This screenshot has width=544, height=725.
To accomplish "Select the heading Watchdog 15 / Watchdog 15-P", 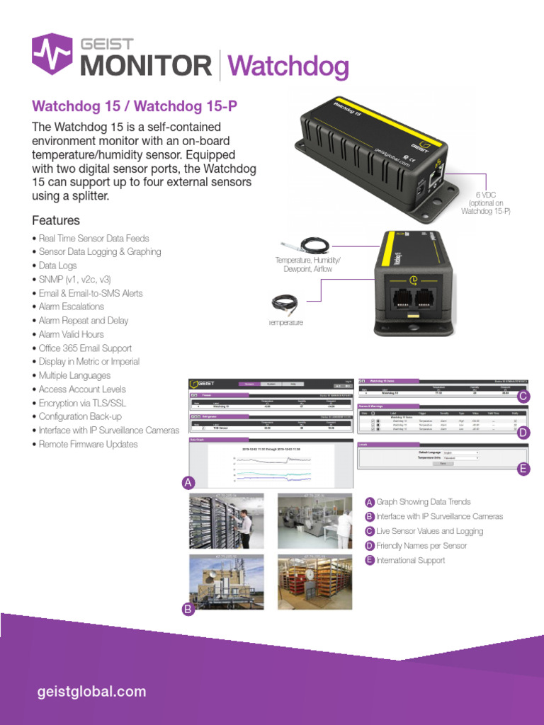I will tap(135, 106).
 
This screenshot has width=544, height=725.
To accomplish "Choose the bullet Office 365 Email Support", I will tap(85, 348).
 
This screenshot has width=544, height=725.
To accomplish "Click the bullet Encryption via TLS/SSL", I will tap(82, 403).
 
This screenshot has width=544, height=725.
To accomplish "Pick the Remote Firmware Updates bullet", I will tap(88, 444).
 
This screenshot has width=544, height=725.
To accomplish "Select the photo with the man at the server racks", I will tap(226, 521).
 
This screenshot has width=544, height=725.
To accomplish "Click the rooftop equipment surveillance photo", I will tap(226, 581).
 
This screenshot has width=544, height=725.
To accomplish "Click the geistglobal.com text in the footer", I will tap(91, 692).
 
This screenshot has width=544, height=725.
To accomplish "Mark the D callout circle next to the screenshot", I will tap(523, 433).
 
